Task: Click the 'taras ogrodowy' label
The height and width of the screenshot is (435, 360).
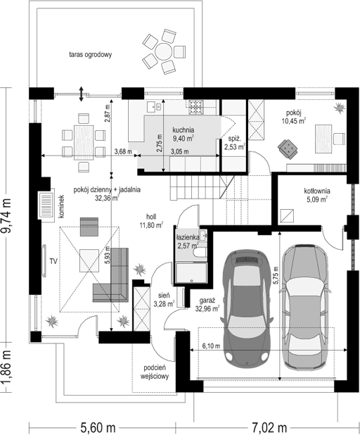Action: [90, 54]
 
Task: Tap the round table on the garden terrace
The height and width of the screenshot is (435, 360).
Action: [164, 51]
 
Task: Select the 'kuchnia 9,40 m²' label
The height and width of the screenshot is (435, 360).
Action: [184, 134]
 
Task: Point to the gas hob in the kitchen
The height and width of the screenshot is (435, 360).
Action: [196, 106]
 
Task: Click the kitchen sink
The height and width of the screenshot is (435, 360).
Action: [153, 106]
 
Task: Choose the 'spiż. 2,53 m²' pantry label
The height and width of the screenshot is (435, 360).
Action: [234, 143]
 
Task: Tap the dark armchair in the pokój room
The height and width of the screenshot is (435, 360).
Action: [288, 149]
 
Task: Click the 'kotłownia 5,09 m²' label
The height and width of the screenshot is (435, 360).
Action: [317, 195]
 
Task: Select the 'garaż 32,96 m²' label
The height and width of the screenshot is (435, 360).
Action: [207, 305]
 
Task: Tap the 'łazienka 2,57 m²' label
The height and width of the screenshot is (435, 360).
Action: [188, 241]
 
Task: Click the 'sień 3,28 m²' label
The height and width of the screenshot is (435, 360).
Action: [164, 300]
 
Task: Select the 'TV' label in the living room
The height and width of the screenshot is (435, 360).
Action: [53, 261]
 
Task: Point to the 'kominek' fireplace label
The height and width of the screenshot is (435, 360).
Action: [62, 206]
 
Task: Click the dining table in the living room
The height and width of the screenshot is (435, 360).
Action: [84, 142]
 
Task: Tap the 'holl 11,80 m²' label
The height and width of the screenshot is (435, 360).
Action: [151, 221]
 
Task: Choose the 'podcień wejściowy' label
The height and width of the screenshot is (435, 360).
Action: [155, 372]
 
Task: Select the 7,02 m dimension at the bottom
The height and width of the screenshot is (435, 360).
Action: [269, 427]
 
